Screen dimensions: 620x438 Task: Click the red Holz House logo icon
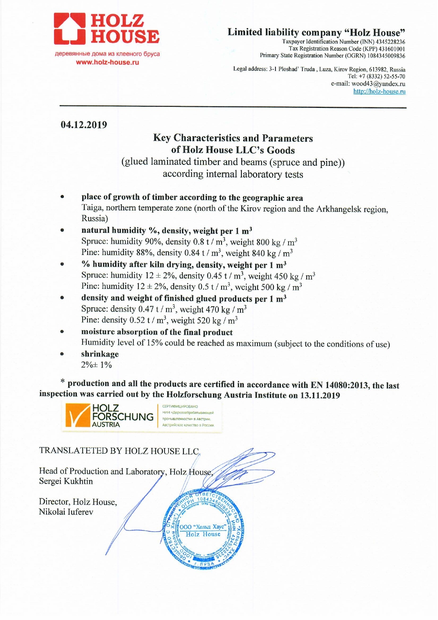coord(70,29)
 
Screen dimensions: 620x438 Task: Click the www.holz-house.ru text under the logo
coord(107,63)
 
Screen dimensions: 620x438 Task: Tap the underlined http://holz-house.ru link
coord(379,92)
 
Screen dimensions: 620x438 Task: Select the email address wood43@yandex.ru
coord(378,84)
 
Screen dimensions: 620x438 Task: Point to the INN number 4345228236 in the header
coord(390,42)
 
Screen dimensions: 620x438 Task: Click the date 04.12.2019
coord(84,125)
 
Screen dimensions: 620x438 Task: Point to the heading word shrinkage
coord(100,354)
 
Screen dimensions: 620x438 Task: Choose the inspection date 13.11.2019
coord(320,395)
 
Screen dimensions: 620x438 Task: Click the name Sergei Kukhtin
coord(66,481)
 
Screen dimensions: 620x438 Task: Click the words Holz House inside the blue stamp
coord(203,534)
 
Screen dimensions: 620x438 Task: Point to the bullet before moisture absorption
coord(62,332)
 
